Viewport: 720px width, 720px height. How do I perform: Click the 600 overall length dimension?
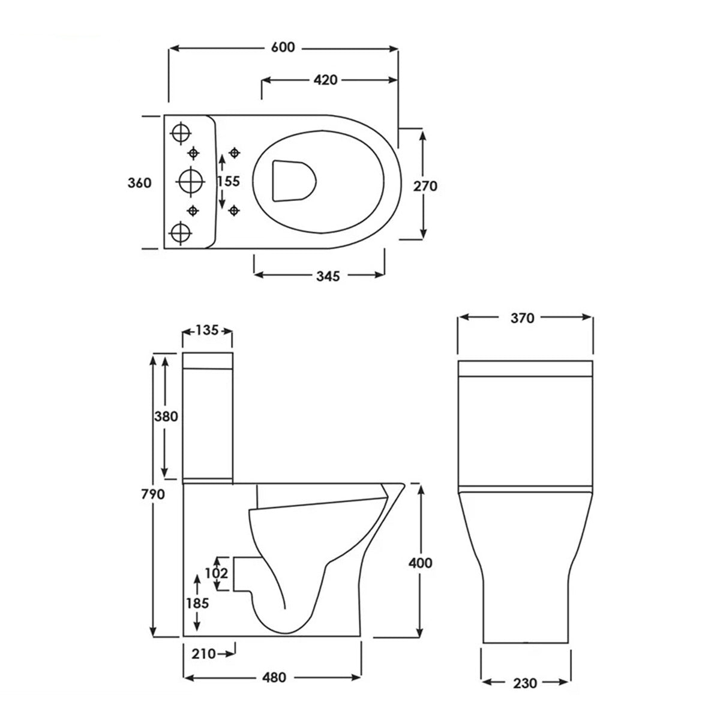(283, 47)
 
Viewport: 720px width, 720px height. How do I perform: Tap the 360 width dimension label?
(140, 183)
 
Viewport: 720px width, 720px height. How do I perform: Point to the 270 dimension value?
(425, 185)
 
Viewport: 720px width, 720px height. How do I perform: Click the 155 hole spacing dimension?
(229, 181)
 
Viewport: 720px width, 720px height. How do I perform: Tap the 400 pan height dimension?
(420, 562)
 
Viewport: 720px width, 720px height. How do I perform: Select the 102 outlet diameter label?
(217, 573)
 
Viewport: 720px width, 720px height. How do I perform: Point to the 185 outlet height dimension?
(197, 603)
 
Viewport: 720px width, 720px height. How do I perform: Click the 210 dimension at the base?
(205, 653)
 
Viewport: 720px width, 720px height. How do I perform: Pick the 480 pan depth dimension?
(274, 677)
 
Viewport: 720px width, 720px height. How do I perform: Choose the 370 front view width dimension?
(523, 318)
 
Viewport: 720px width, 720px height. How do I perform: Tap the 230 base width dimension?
(525, 682)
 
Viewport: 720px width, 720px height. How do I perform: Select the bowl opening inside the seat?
(293, 180)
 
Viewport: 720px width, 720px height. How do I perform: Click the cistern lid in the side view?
(207, 361)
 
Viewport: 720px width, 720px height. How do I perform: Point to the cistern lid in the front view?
(526, 368)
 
